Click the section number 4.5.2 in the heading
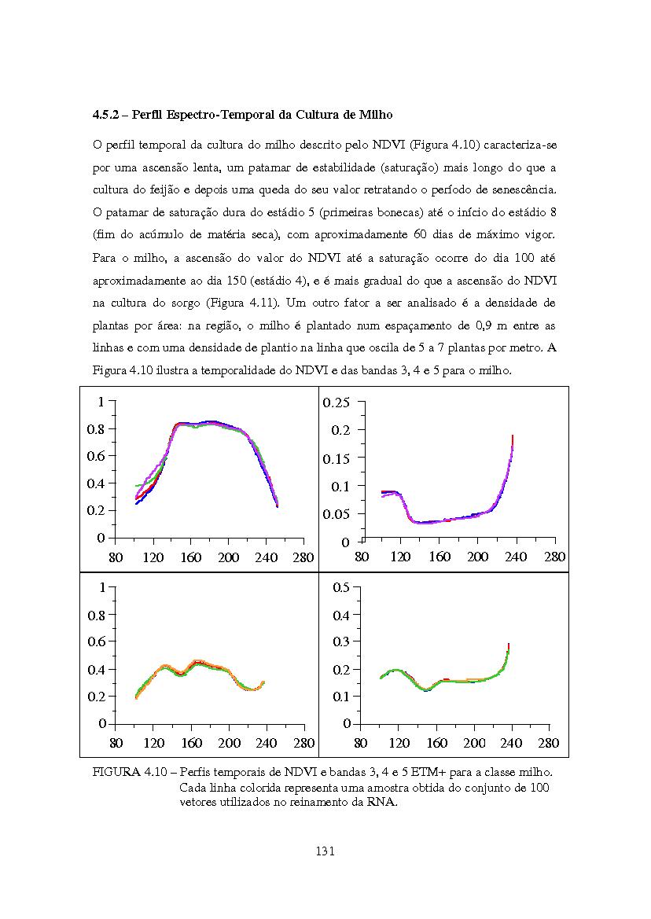pos(105,115)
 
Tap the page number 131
pos(325,851)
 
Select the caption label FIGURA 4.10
pos(130,773)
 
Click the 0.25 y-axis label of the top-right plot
pos(337,403)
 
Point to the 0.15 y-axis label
pos(337,458)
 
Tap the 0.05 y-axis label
pos(337,515)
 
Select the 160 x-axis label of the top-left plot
pos(191,557)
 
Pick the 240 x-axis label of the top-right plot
pos(516,557)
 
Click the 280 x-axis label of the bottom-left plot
pos(304,743)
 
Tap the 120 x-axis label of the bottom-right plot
pos(399,743)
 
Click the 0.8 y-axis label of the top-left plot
pos(95,429)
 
